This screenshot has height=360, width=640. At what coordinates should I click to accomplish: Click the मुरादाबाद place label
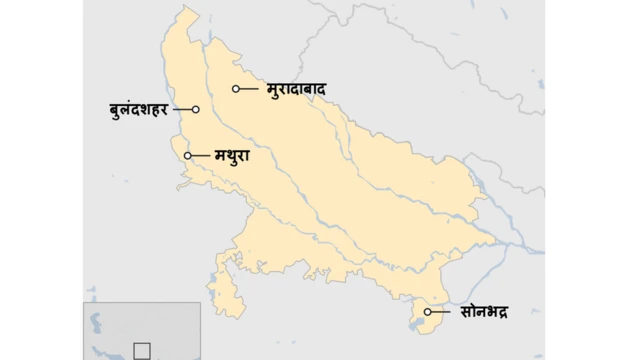[x=297, y=89]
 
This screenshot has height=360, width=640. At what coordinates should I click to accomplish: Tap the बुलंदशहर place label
[x=139, y=109]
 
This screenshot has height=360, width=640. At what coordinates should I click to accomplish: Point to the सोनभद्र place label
[x=484, y=312]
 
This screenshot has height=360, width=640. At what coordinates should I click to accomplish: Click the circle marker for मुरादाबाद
[x=236, y=89]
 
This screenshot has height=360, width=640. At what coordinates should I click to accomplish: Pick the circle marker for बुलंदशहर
[x=196, y=109]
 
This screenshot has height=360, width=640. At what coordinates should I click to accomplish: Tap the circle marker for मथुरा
[x=188, y=156]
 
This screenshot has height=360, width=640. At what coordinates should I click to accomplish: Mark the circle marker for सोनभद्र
[x=427, y=312]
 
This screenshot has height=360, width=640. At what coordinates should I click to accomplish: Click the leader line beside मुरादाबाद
[x=251, y=89]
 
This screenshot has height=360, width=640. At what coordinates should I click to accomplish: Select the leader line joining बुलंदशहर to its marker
[x=182, y=109]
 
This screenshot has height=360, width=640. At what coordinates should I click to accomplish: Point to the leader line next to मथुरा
[x=200, y=156]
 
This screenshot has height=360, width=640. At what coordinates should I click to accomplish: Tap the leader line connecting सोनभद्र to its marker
[x=442, y=312]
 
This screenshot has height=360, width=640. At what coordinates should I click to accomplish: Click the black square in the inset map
[x=141, y=350]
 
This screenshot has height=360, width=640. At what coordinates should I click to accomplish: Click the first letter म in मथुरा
[x=220, y=157]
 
